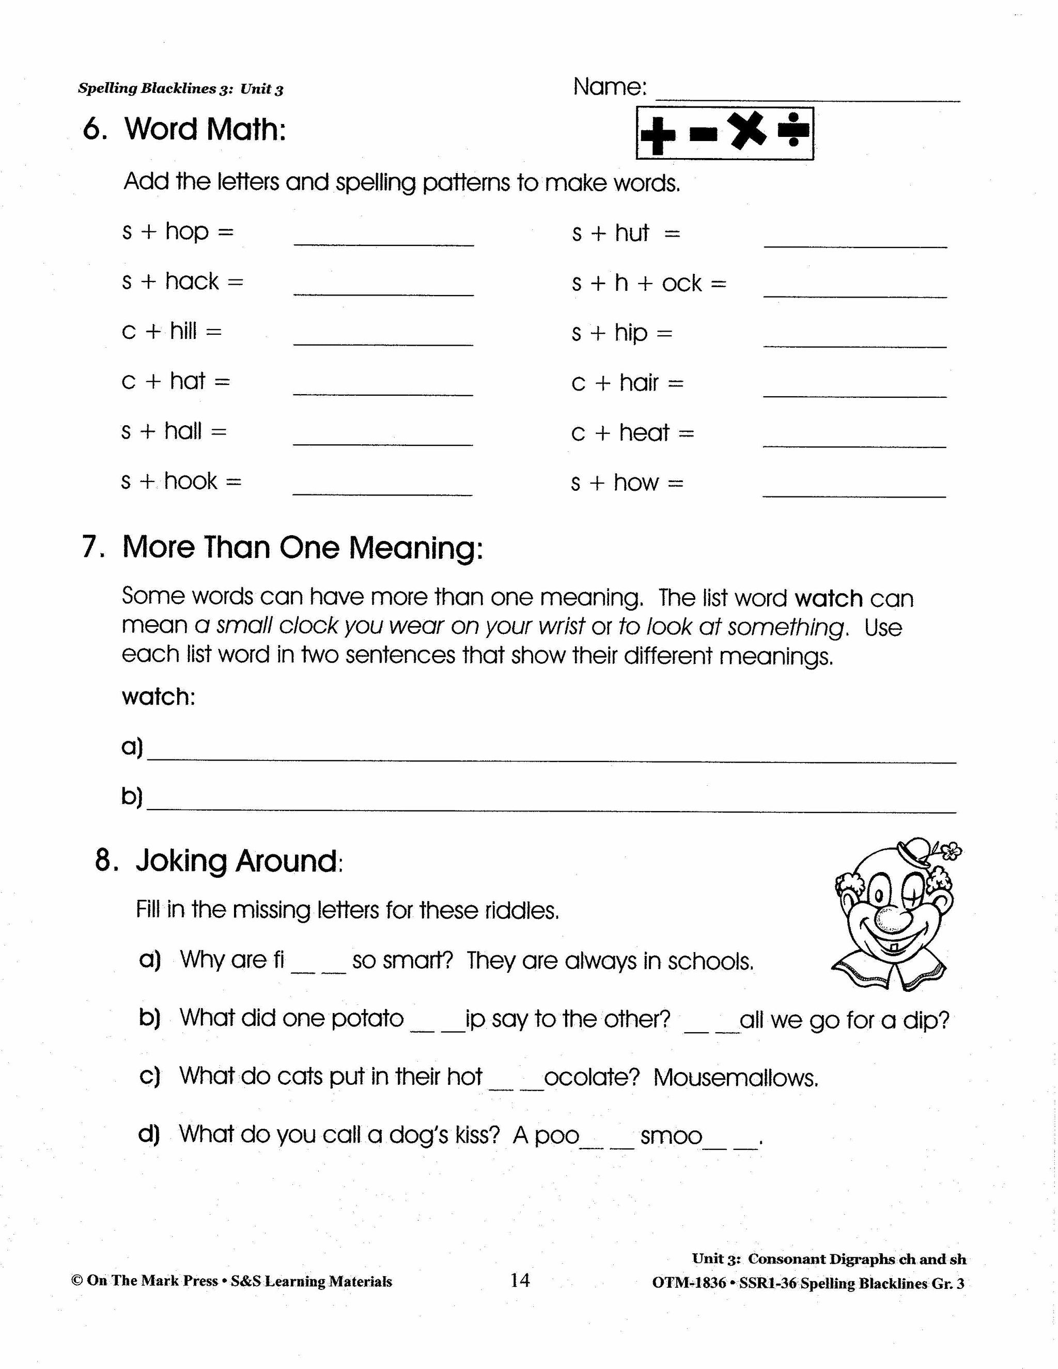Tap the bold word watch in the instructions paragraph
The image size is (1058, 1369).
(828, 599)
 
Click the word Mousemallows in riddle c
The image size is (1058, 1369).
(735, 1078)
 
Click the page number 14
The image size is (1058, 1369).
(520, 1280)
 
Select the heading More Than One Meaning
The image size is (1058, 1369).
(302, 547)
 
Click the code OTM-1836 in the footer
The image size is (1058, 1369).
(688, 1283)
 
